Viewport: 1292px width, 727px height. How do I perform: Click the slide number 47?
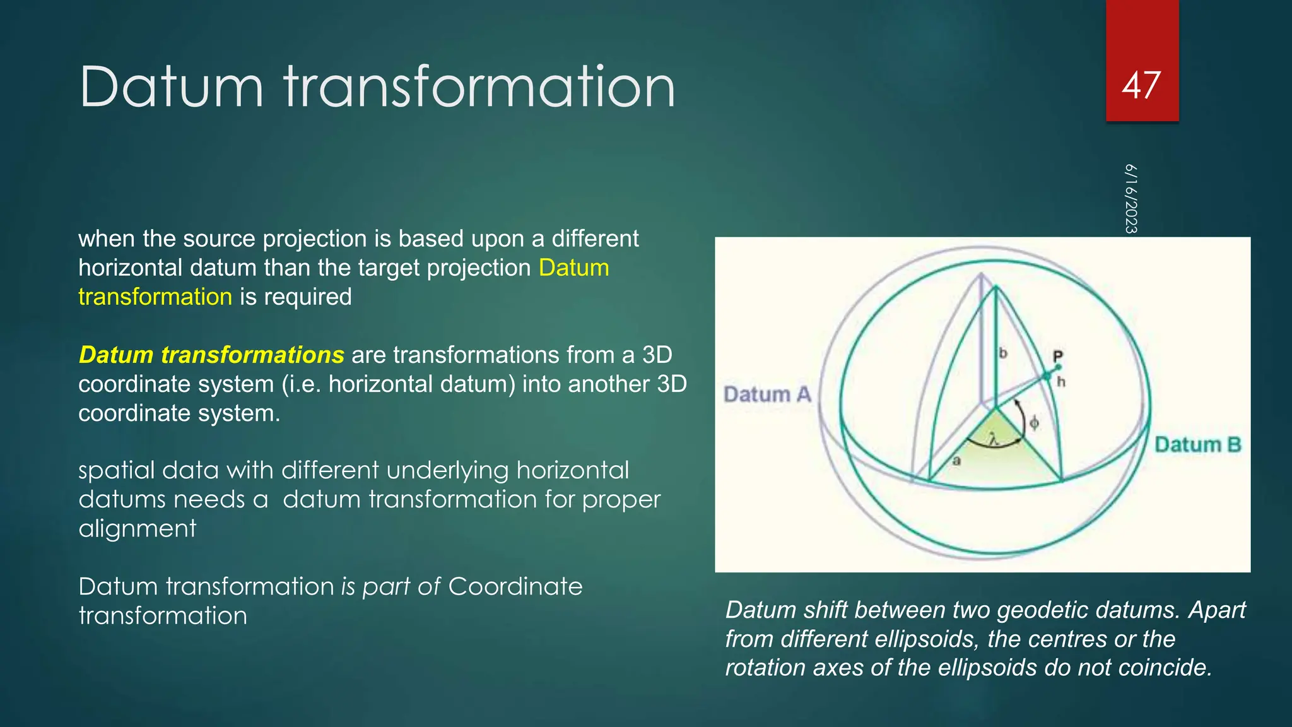tap(1141, 85)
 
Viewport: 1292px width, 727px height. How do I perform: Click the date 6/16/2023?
tap(1131, 199)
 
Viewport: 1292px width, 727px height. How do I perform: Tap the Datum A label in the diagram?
tap(766, 394)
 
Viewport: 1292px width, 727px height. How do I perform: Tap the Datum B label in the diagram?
tap(1197, 445)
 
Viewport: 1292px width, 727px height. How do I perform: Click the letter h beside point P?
tap(1061, 382)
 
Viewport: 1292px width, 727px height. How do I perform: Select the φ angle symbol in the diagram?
tap(1034, 423)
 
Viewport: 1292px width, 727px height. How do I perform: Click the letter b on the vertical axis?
tap(1003, 353)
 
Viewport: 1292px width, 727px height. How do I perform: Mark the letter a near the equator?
tap(956, 461)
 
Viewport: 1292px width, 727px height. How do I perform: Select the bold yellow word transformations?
tap(252, 355)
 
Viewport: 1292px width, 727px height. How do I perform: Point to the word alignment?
tap(138, 528)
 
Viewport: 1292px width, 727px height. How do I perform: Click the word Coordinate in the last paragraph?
tap(515, 586)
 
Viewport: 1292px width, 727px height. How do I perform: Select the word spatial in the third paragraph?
tap(117, 471)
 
